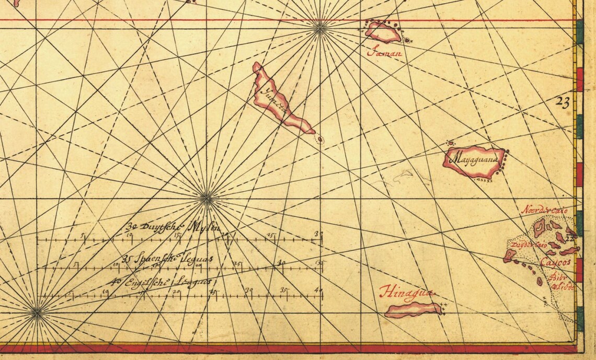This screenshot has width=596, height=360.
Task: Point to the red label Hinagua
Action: (407, 292)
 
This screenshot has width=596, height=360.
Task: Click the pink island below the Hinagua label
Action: (412, 310)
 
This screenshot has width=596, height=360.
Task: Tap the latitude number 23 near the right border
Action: (563, 103)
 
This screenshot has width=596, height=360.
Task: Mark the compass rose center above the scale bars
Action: (207, 198)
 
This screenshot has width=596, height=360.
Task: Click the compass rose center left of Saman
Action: (319, 28)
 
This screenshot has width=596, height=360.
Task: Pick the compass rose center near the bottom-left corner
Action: (37, 313)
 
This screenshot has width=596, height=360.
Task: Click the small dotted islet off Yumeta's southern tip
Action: (320, 140)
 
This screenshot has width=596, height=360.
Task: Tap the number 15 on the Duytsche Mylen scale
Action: (177, 236)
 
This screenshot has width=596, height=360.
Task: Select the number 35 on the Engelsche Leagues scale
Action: (284, 290)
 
